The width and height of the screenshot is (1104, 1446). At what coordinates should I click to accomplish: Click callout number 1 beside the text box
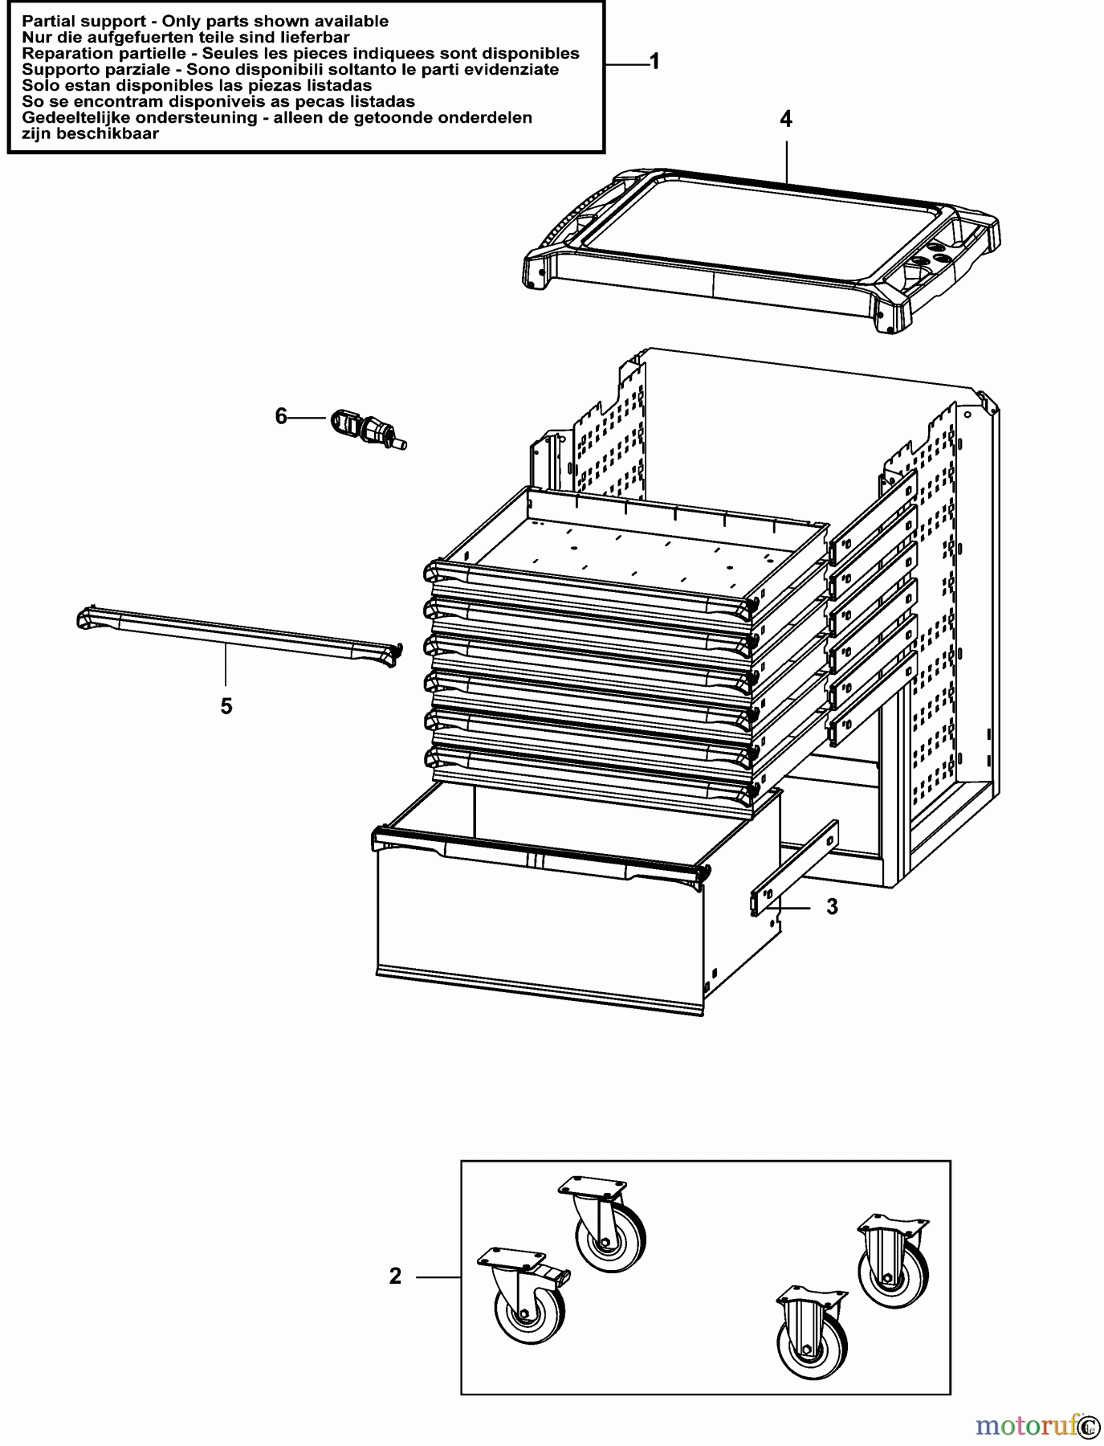pos(654,62)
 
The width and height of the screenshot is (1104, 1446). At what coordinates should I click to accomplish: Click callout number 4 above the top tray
pos(785,120)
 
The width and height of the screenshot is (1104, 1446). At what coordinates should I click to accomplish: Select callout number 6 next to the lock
pos(281,417)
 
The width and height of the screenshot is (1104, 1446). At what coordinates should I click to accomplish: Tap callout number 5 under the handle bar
pos(226,706)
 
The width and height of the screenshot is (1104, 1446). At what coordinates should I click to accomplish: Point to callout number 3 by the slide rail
pos(832,907)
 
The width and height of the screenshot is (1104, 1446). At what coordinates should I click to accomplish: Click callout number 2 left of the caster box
pos(395,1276)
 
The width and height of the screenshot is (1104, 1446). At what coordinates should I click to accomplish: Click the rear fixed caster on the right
pos(892,1264)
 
